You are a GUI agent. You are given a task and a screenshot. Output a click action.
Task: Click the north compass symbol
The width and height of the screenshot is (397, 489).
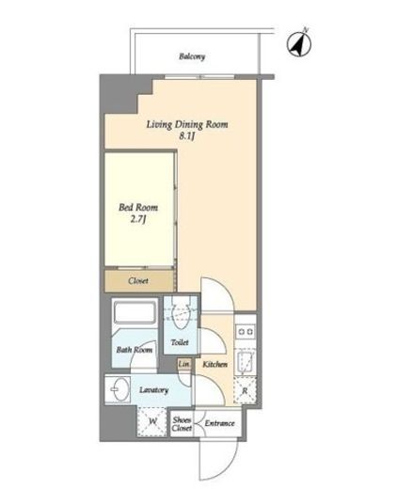[x=299, y=44]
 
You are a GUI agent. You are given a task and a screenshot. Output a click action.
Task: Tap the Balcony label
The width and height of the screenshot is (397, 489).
[x=192, y=56]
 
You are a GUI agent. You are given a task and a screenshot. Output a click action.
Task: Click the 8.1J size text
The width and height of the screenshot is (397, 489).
[x=187, y=136]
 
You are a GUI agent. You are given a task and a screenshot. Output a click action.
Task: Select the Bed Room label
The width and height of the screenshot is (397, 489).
[x=138, y=207]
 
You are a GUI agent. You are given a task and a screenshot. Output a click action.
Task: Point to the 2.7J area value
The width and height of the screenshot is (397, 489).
[x=138, y=219]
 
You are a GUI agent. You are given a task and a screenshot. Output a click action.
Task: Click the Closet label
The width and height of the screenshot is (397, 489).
[x=138, y=280]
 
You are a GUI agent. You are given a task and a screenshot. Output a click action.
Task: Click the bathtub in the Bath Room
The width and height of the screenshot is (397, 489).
[x=135, y=312]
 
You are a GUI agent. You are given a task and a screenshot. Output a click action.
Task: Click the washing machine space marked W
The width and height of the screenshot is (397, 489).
[x=152, y=421]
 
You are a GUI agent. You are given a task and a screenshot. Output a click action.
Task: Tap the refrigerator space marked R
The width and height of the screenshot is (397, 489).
[x=245, y=390]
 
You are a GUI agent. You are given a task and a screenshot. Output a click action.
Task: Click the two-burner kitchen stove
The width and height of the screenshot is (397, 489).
[x=246, y=331]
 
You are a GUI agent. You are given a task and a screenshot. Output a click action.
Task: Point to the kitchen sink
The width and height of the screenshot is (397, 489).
[x=246, y=361]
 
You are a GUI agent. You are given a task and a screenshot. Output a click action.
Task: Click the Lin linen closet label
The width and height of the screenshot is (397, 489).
[x=184, y=364]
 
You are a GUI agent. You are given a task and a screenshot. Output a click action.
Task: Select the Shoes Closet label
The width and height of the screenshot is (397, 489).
[x=182, y=424]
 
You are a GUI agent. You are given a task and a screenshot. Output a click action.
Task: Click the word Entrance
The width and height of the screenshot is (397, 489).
[x=219, y=423]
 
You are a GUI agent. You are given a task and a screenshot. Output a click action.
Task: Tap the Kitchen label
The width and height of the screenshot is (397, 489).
[x=215, y=364]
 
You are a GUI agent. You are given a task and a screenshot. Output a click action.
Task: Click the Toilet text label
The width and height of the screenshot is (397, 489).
[x=180, y=342]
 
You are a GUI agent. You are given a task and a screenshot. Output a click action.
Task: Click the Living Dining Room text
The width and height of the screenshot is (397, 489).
[x=187, y=124]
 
